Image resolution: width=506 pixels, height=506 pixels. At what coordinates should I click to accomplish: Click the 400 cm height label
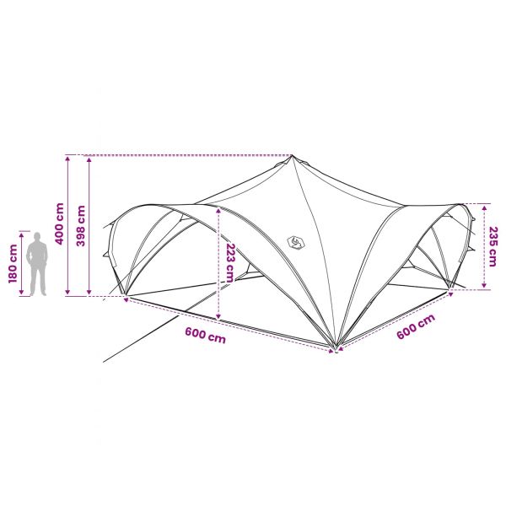pos(60,224)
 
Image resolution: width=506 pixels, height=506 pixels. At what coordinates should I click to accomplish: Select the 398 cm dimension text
pos(81,226)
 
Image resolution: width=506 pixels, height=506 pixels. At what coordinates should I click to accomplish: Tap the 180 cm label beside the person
pos(13,264)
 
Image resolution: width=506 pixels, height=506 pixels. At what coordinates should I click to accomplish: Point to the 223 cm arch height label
pos(229,263)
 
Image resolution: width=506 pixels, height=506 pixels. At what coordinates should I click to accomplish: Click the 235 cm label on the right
pos(493,247)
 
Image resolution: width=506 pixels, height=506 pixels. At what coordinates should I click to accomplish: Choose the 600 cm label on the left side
pos(206,336)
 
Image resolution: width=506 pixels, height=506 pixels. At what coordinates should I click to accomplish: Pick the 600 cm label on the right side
pos(416,326)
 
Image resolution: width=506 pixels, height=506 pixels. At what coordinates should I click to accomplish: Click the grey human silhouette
pos(37,264)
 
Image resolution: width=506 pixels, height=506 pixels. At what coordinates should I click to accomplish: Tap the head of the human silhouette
pos(37,236)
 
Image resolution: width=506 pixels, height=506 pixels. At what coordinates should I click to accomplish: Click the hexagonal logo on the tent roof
pos(296,242)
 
